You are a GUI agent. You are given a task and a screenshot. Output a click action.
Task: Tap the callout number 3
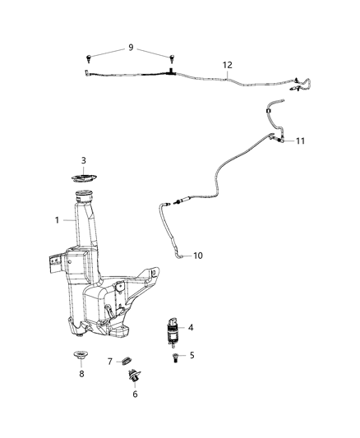point(83,159)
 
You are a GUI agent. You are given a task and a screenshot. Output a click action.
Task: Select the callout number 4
point(190,328)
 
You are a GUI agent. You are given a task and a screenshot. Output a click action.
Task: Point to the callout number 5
point(192,356)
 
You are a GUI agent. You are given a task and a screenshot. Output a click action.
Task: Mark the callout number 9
point(131,48)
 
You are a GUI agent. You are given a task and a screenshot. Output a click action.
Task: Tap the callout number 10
point(197,256)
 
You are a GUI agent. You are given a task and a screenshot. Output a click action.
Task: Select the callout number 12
point(228,64)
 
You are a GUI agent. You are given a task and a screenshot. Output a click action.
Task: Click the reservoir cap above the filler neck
point(82,178)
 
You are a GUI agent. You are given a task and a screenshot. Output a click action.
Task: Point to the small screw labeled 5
point(174,358)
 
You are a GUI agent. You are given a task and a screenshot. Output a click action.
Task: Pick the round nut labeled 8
point(81,379)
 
